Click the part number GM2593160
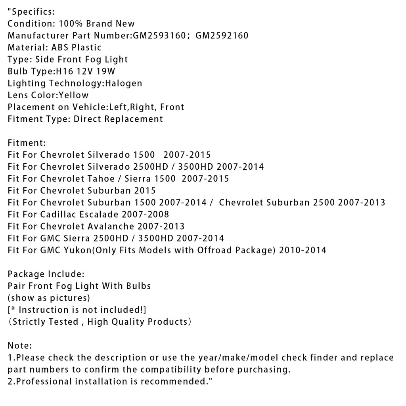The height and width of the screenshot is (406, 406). pyautogui.click(x=159, y=36)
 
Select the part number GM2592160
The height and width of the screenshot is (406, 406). pyautogui.click(x=222, y=36)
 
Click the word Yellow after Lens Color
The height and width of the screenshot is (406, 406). pyautogui.click(x=74, y=95)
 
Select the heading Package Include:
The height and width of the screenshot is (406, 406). pyautogui.click(x=46, y=274)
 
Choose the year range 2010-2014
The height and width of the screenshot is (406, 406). pyautogui.click(x=303, y=250)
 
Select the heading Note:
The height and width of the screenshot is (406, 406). pyautogui.click(x=20, y=346)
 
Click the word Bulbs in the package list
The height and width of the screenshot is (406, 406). pyautogui.click(x=139, y=286)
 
